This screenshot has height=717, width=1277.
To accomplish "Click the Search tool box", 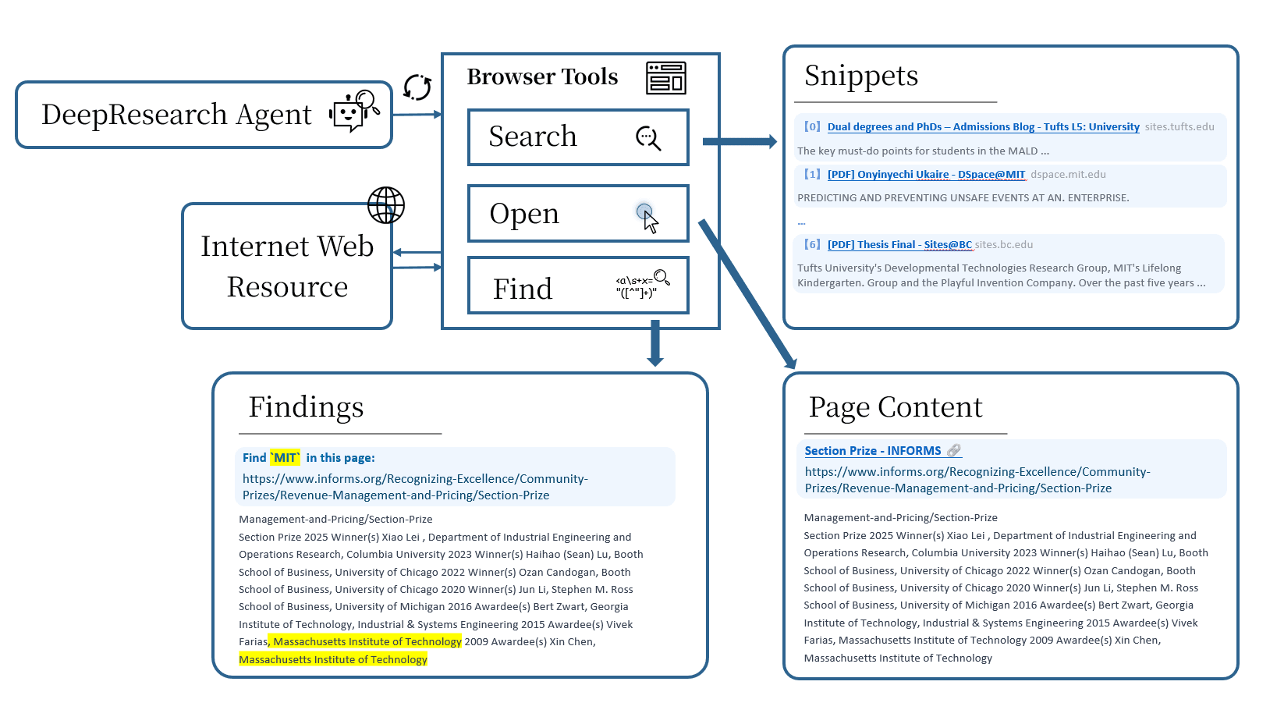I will pos(577,137).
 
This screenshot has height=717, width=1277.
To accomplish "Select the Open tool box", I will pos(577,213).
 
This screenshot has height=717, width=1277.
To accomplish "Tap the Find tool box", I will pos(577,286).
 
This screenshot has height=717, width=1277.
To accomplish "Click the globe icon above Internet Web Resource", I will pos(386,206).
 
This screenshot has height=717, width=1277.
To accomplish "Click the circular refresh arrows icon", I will pos(417,87).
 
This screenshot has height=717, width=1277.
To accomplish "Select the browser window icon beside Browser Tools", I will pos(665,78).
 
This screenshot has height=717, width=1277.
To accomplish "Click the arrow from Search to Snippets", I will pos(738,141).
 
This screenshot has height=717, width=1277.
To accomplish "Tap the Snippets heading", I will pos(860,76).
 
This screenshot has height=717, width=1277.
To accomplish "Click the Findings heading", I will pos(306,407).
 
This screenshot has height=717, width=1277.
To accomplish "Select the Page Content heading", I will pos(895,407).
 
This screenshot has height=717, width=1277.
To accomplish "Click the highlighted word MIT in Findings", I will pos(285,458).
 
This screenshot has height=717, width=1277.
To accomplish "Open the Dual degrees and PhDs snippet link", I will pos(983,126).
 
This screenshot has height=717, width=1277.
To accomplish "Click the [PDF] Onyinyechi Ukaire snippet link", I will pos(926,175).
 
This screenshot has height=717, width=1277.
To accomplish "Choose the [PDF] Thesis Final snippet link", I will pos(899,245).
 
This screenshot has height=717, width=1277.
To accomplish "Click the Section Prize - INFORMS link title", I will pos(872,451).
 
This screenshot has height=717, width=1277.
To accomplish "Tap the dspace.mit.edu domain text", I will pos(1068,175).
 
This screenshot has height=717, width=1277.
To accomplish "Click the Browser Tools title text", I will pos(542,77).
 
